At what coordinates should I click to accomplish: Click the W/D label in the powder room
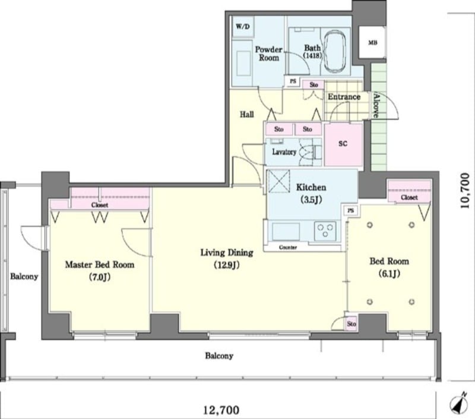click(x=243, y=27)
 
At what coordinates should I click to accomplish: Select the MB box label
click(x=373, y=43)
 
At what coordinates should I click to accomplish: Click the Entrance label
click(x=344, y=97)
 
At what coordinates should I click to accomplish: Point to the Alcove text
click(x=376, y=105)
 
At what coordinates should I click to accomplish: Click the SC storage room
click(x=343, y=144)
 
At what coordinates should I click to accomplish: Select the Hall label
click(x=247, y=114)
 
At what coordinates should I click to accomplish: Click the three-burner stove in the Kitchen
click(x=325, y=231)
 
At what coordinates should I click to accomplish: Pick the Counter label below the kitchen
click(x=288, y=247)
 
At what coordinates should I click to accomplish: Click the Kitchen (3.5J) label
click(x=311, y=193)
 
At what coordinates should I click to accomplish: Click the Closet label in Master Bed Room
click(x=100, y=205)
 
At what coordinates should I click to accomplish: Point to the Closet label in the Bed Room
click(x=409, y=197)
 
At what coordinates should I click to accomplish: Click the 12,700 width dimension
click(x=221, y=411)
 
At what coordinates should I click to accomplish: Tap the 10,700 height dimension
click(x=464, y=190)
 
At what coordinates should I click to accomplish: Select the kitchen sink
click(x=286, y=232)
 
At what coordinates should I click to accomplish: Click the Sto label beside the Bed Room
click(x=351, y=324)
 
